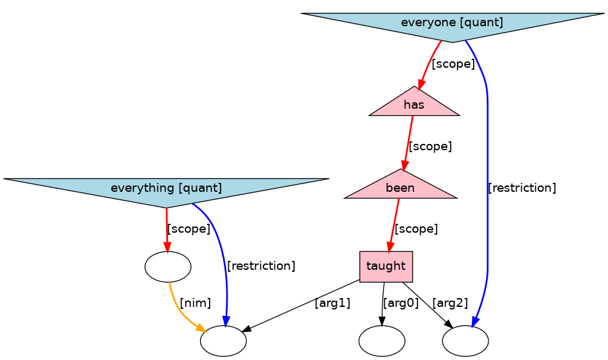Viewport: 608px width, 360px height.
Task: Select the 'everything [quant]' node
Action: (166, 189)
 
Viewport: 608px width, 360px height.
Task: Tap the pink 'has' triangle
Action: (414, 105)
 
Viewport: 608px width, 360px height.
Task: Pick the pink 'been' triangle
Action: (400, 188)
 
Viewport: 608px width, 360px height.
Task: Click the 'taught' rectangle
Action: (386, 266)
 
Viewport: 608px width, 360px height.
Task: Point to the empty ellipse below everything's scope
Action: (168, 267)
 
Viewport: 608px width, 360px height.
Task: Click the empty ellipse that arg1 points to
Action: (223, 341)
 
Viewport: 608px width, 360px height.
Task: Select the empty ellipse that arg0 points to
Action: (382, 341)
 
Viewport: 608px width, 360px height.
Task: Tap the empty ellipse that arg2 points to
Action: (465, 341)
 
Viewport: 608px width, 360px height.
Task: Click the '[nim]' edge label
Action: (195, 303)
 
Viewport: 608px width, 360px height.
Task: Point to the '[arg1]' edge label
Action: (332, 303)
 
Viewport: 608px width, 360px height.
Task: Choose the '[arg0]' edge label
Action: (400, 303)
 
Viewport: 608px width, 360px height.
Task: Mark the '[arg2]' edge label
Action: (450, 303)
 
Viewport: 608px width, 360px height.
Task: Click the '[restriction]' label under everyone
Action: (522, 188)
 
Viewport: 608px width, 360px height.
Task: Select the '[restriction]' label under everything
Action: (261, 266)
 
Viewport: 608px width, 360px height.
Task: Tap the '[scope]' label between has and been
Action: (430, 146)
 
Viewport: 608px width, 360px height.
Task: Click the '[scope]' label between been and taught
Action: (416, 228)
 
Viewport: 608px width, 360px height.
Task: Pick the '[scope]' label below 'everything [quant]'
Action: (189, 228)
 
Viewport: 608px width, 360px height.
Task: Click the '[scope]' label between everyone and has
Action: (453, 64)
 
